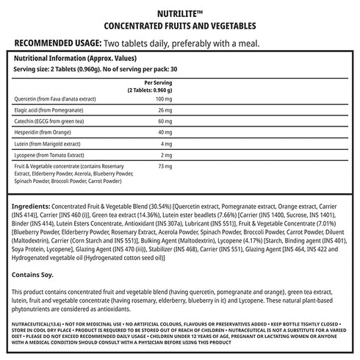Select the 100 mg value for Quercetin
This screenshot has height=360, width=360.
point(163,98)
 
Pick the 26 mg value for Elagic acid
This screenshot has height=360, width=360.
point(165,110)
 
